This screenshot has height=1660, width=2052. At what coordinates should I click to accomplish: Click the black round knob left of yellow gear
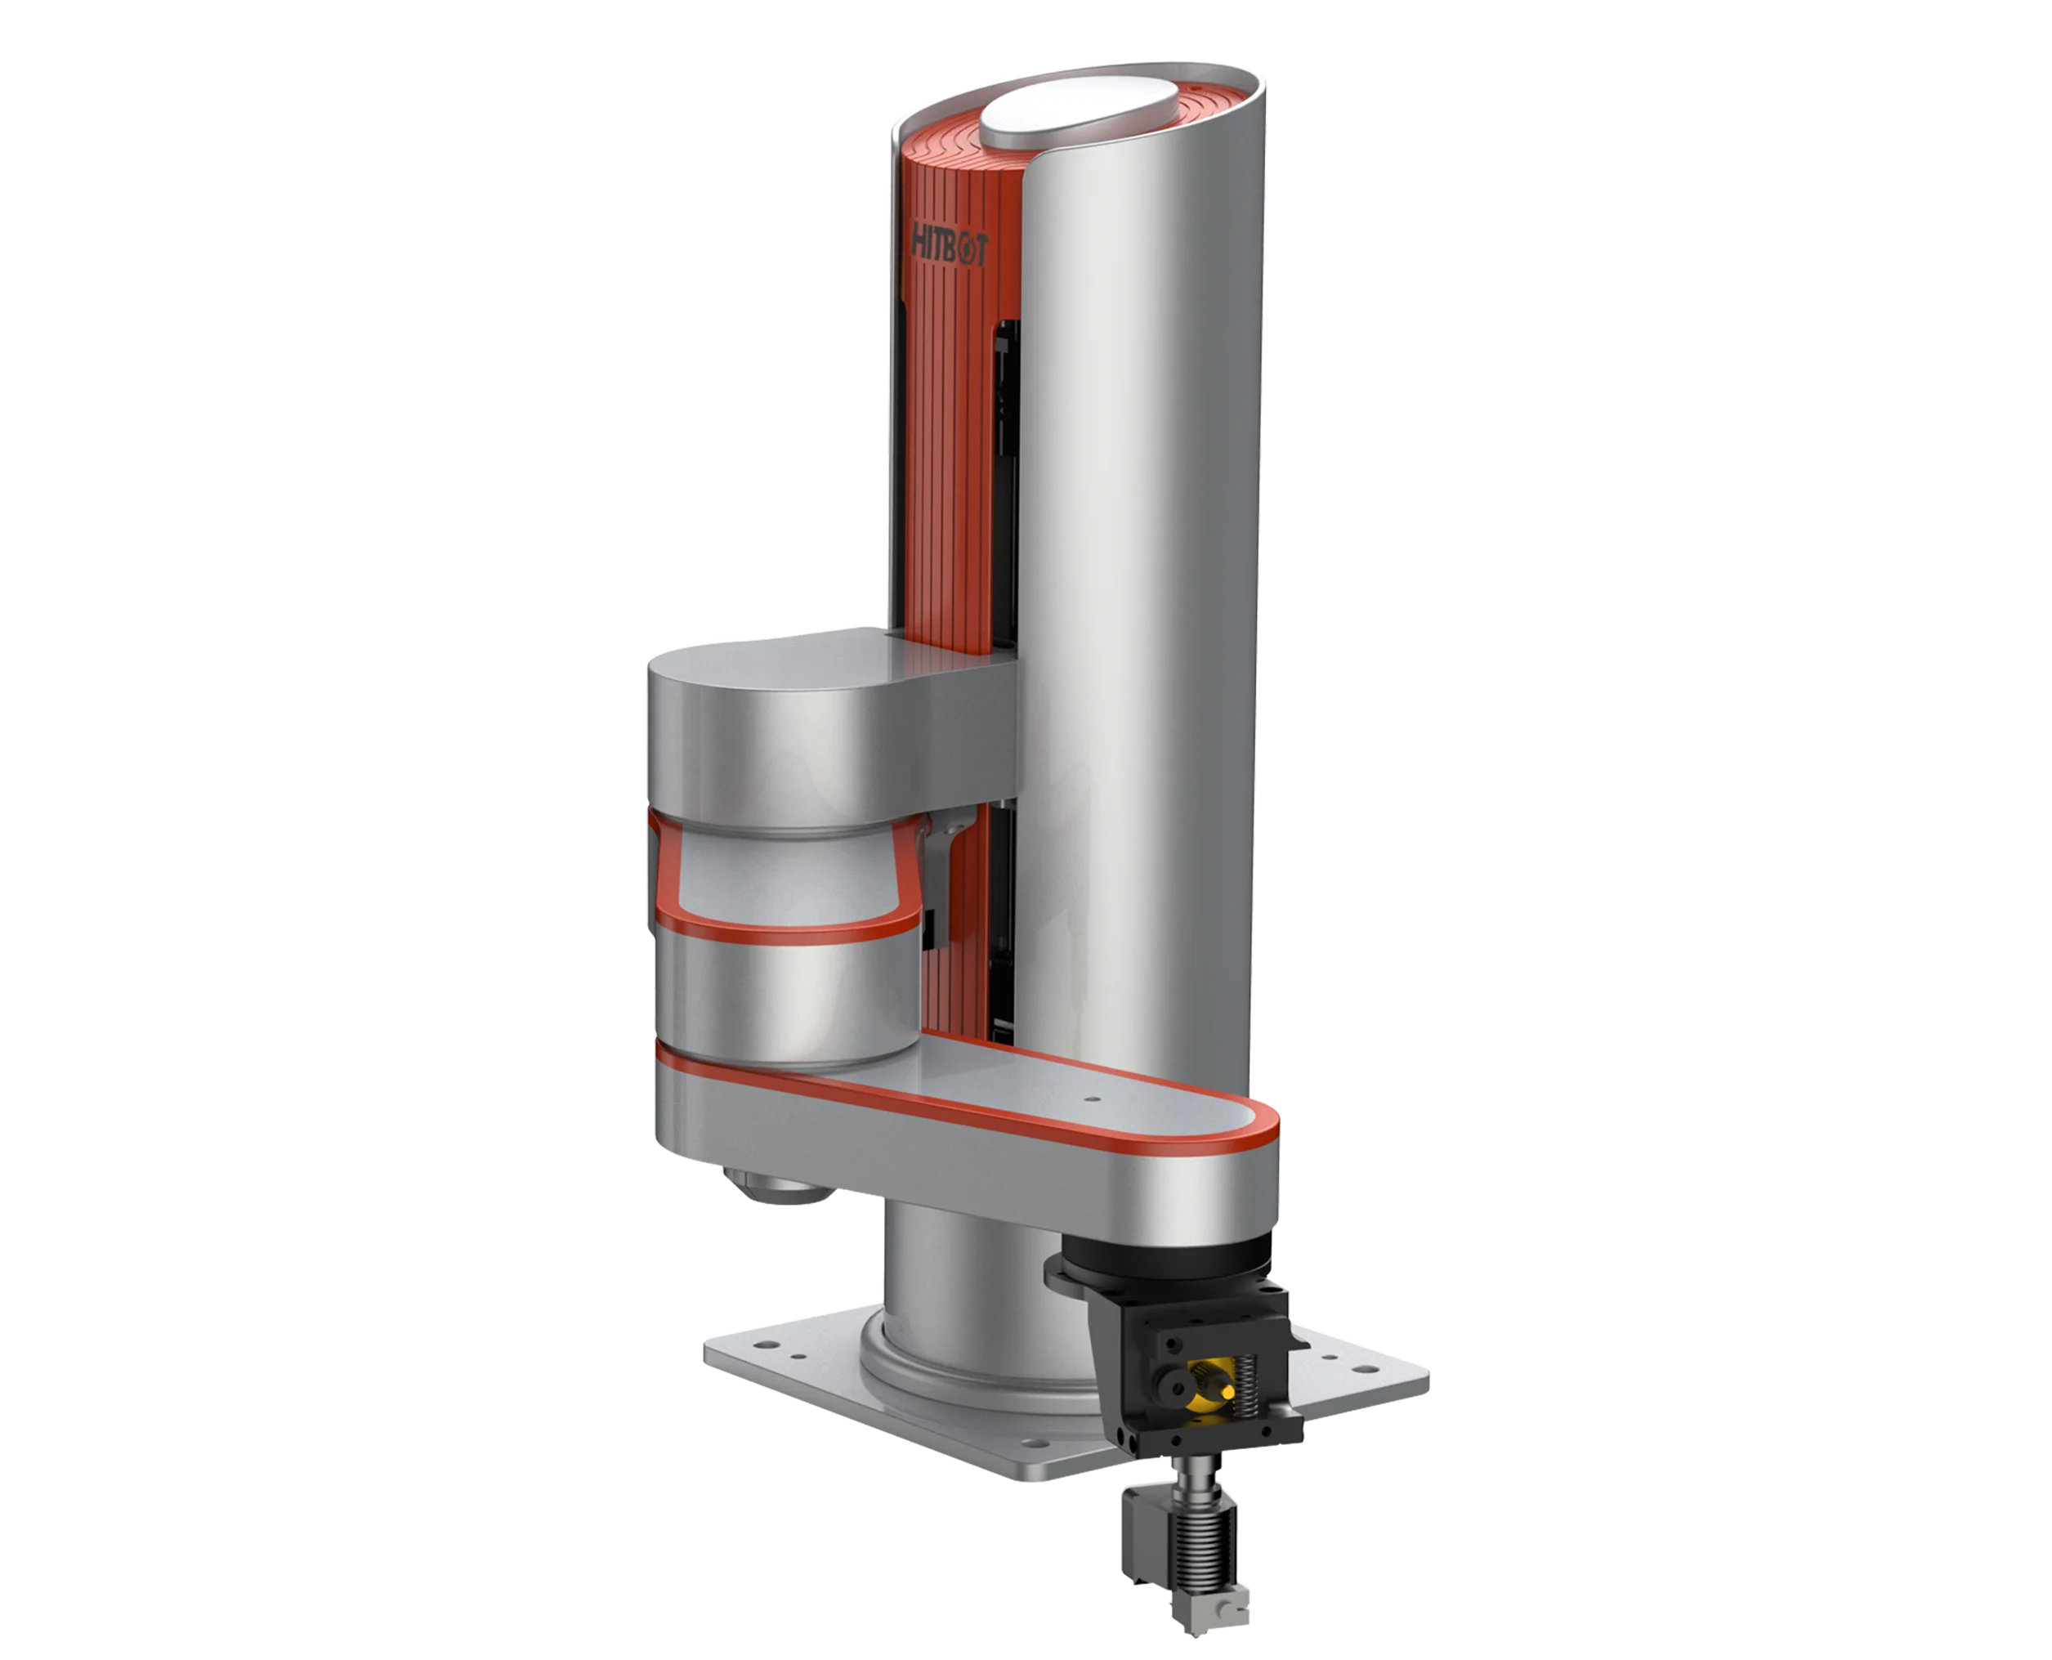tap(1169, 1384)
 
